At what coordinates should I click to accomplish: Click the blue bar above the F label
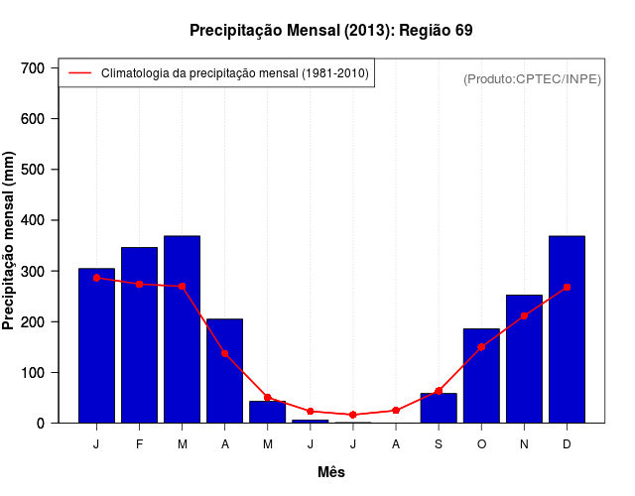(139, 334)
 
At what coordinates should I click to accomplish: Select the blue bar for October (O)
(481, 375)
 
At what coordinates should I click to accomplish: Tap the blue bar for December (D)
(567, 329)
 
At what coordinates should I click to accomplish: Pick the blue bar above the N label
(524, 358)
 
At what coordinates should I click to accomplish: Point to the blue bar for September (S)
(439, 408)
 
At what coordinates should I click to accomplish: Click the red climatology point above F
(139, 284)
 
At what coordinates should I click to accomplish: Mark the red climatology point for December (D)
(567, 287)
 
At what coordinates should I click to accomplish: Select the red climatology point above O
(481, 347)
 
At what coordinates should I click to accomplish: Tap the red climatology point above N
(524, 315)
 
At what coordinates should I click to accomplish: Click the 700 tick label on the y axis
(34, 67)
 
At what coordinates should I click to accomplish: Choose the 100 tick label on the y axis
(34, 373)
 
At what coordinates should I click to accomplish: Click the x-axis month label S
(439, 444)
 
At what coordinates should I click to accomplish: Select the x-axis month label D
(567, 444)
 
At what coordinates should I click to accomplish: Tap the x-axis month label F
(139, 444)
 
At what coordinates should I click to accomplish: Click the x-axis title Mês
(331, 472)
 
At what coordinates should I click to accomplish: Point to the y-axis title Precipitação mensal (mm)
(10, 241)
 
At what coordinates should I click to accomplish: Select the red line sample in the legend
(79, 73)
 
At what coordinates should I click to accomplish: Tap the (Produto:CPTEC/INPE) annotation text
(532, 78)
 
